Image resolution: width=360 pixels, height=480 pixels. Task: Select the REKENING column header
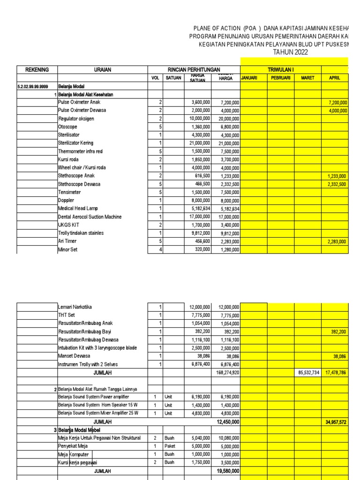tap(37, 69)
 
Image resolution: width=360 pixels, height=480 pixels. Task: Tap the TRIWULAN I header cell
tap(280, 69)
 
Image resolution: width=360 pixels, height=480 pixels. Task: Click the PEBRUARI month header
tap(281, 78)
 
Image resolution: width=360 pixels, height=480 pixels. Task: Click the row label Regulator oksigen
tap(76, 119)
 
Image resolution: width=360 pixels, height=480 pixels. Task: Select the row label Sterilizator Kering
tap(75, 143)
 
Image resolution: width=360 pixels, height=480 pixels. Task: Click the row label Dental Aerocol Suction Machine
tap(90, 217)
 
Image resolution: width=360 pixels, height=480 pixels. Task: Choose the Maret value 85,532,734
tap(308, 373)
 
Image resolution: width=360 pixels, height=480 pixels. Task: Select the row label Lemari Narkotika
tap(75, 307)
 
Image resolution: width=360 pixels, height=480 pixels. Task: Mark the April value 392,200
tap(337, 331)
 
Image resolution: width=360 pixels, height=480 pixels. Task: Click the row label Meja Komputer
tap(73, 454)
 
